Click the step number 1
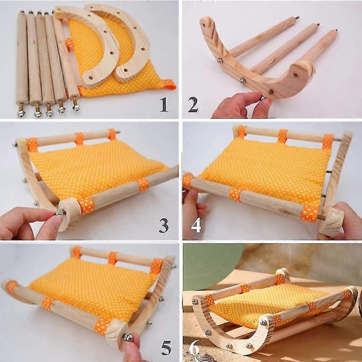[164, 104]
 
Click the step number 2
[193, 104]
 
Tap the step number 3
[164, 225]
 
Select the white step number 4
[196, 225]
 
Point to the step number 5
[167, 348]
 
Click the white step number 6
[194, 347]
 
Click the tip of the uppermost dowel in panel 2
[297, 17]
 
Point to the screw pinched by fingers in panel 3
[61, 212]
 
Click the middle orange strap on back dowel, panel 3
[80, 139]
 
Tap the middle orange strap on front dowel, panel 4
[235, 194]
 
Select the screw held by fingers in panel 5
[127, 337]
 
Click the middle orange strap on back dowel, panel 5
[113, 258]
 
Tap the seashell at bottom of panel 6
[204, 357]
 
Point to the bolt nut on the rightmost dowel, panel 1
[76, 107]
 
